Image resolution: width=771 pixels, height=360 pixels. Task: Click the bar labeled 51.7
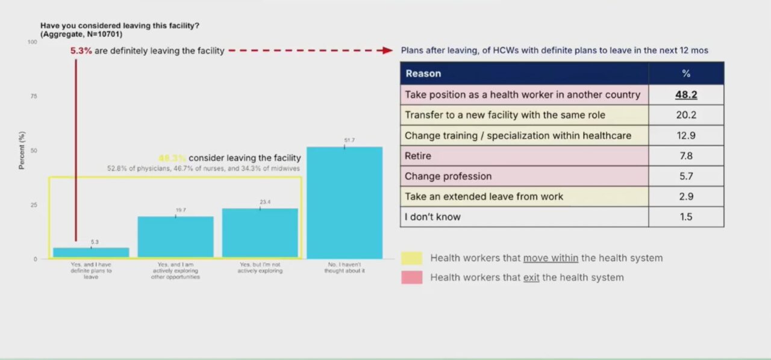(x=344, y=203)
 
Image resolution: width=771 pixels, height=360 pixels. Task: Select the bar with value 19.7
(x=175, y=237)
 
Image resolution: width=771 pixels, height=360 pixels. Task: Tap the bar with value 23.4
(x=260, y=234)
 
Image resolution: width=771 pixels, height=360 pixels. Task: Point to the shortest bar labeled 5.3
(x=91, y=253)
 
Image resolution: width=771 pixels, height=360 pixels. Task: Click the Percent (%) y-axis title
(x=22, y=151)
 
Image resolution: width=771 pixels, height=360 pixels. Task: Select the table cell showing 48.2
(x=686, y=95)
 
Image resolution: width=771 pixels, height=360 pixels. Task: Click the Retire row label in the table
(x=418, y=156)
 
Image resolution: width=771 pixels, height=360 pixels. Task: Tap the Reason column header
(x=423, y=73)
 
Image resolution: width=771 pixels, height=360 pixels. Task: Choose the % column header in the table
(x=686, y=73)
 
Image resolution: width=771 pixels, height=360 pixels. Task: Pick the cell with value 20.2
(x=686, y=115)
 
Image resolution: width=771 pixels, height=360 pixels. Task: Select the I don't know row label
(x=432, y=217)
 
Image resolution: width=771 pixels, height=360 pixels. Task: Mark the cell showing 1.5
(x=686, y=217)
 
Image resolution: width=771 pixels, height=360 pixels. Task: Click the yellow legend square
(x=412, y=258)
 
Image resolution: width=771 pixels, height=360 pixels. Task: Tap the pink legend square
(x=412, y=278)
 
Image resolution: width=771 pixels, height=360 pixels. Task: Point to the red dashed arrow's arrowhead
(x=388, y=51)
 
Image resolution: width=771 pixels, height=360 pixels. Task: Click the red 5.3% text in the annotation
(x=81, y=51)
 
